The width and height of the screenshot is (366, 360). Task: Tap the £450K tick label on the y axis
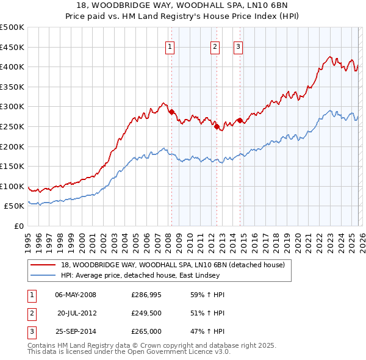[12, 47]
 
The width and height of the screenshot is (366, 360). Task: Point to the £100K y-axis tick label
[12, 186]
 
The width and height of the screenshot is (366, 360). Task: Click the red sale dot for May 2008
[171, 112]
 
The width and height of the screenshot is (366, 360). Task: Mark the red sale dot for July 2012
[217, 127]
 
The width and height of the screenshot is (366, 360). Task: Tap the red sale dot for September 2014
[240, 121]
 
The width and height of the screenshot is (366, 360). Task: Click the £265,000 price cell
[146, 331]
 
